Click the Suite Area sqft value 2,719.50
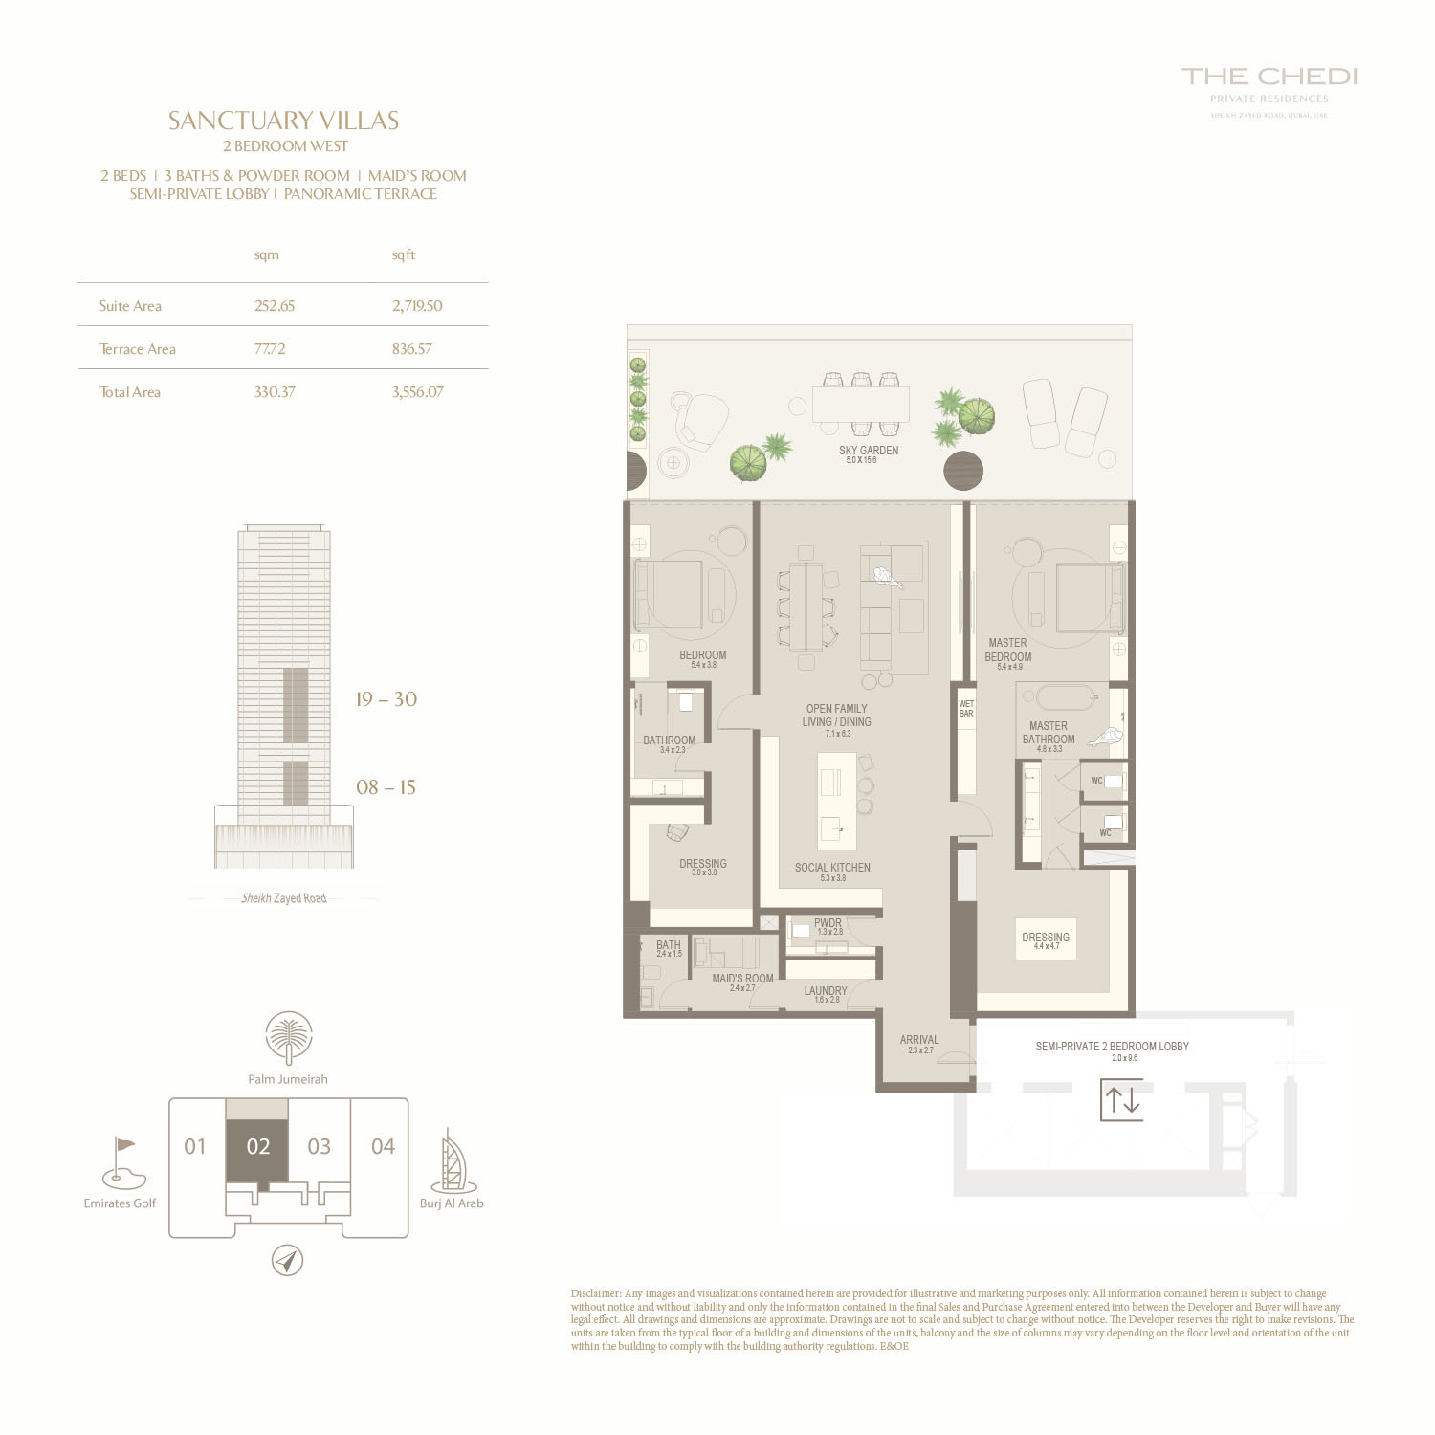pos(417,306)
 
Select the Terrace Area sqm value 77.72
pos(270,349)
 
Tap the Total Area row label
pos(130,392)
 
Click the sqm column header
pos(267,255)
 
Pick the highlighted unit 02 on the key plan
pos(257,1146)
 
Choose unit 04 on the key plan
pos(383,1146)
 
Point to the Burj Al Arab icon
pos(453,1160)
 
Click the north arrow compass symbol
pos(287,1260)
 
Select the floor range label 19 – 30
pos(386,699)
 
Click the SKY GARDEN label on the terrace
pos(869,451)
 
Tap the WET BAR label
pos(966,709)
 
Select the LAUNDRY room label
pos(826,991)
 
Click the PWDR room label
pos(828,924)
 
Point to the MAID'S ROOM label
pos(742,979)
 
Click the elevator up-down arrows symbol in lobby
pos(1121,1100)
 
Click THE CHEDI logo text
pos(1269,77)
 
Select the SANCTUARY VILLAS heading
pos(284,121)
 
